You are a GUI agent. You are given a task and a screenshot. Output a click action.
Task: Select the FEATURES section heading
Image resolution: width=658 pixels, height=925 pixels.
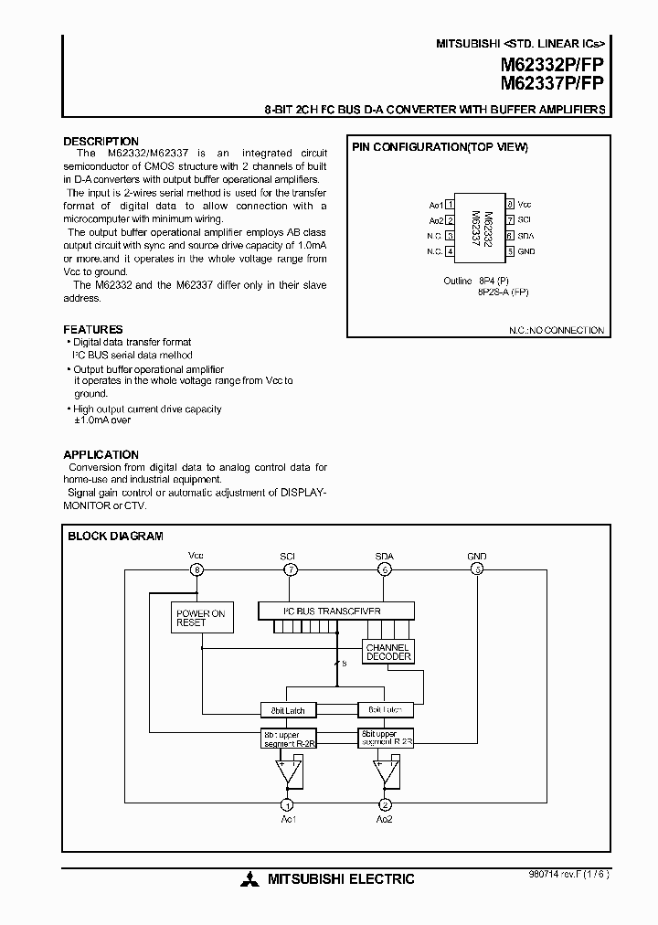93,329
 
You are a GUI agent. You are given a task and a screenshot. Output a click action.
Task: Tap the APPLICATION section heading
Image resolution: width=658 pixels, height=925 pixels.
101,454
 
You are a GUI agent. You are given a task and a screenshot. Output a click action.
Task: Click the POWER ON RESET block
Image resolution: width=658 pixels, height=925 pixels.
200,618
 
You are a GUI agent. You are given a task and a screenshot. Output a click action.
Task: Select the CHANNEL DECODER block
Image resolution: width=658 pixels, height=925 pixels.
388,652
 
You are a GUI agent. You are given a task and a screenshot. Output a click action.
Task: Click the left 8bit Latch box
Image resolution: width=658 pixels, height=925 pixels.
289,710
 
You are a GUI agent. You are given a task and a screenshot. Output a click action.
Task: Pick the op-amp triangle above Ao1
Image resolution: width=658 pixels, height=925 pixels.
288,773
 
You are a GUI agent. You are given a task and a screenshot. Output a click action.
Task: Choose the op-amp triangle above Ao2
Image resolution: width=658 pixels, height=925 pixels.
385,773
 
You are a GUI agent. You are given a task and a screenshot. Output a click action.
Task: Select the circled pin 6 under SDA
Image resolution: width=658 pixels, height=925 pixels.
385,569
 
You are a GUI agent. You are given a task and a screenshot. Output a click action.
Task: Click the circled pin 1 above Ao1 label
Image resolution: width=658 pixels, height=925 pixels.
288,804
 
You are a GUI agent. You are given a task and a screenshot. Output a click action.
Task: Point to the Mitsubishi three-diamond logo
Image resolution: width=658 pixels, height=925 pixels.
249,880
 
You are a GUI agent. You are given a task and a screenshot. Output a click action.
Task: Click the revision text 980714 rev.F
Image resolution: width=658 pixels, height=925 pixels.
566,873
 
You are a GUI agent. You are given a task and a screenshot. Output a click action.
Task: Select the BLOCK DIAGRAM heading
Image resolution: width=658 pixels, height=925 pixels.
115,537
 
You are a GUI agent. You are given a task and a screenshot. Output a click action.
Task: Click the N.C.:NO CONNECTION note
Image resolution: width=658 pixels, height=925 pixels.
558,330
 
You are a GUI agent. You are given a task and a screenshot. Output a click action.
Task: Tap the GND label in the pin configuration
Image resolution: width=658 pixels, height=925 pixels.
526,251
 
